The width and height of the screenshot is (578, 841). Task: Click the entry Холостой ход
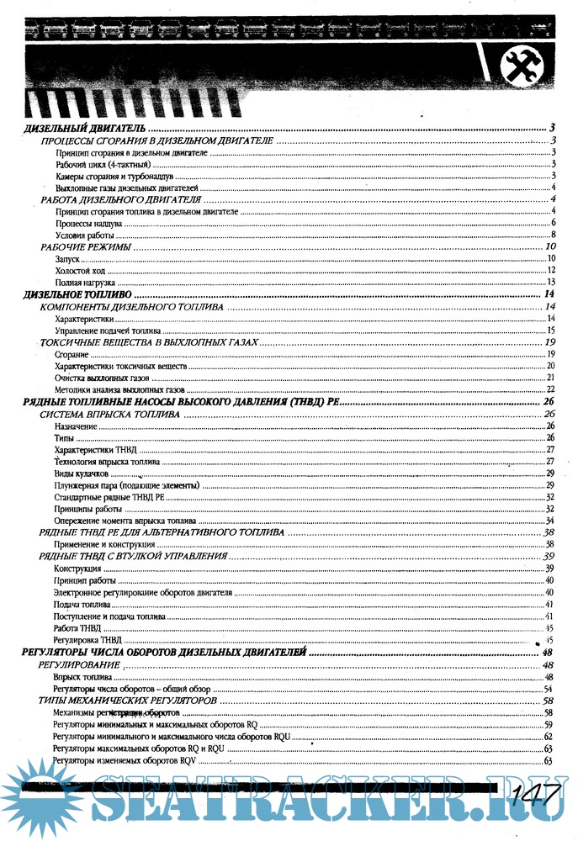78,271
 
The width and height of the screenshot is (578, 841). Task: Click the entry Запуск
67,260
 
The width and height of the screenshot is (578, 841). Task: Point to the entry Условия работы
85,235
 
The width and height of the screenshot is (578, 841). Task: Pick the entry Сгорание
72,356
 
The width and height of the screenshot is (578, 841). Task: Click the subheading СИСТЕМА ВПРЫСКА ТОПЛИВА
109,415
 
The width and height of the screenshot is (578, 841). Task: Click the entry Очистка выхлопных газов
102,379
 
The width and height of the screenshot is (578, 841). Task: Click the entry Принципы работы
88,510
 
